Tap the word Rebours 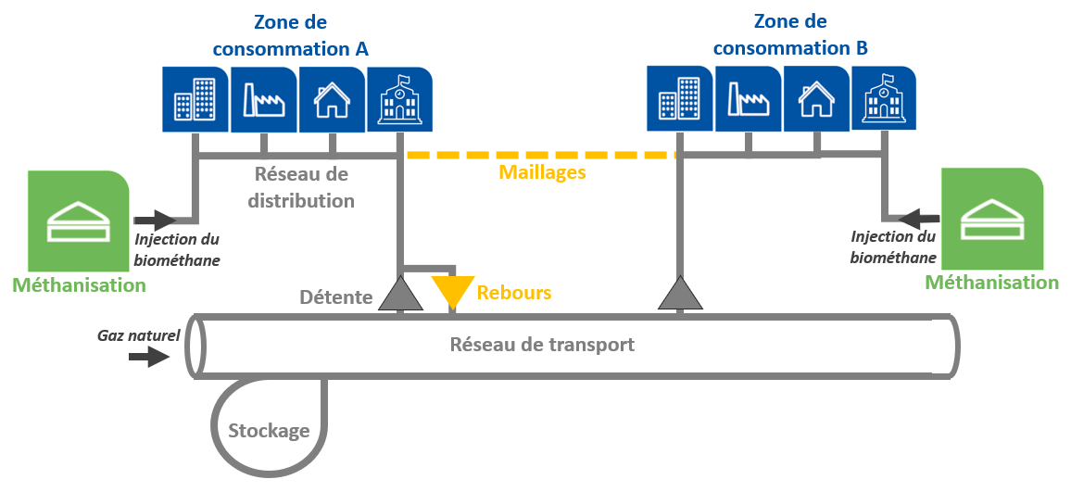pyautogui.click(x=514, y=293)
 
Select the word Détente pyautogui.click(x=336, y=297)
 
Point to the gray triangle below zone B pyautogui.click(x=681, y=294)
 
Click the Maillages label pyautogui.click(x=542, y=171)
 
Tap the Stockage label pyautogui.click(x=269, y=430)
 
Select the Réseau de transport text pyautogui.click(x=542, y=345)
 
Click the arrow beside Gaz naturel pyautogui.click(x=152, y=358)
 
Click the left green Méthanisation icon pyautogui.click(x=78, y=221)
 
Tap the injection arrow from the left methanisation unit pyautogui.click(x=155, y=221)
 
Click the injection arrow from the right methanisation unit pyautogui.click(x=920, y=220)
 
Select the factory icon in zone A pyautogui.click(x=263, y=99)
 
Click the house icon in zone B pyautogui.click(x=816, y=98)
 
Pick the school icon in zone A pyautogui.click(x=400, y=99)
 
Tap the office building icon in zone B pyautogui.click(x=679, y=98)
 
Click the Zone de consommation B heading pyautogui.click(x=790, y=34)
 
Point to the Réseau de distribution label pyautogui.click(x=302, y=187)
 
